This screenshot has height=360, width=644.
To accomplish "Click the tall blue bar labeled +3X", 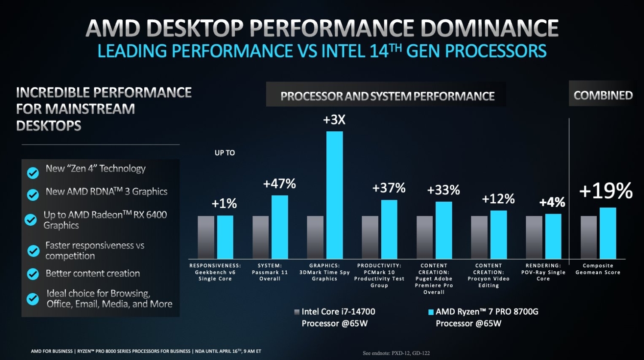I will tap(334, 195).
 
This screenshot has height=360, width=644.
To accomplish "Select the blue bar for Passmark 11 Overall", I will tap(279, 227).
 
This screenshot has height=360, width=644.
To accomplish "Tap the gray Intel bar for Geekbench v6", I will tap(206, 237).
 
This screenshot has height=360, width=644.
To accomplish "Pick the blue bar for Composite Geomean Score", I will tap(608, 233).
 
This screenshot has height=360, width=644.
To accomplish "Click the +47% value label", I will tap(279, 184).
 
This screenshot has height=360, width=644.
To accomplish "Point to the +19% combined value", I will tap(606, 191).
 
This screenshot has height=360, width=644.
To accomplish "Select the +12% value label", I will tap(498, 199).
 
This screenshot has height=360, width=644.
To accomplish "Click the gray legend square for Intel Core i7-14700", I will tap(297, 312).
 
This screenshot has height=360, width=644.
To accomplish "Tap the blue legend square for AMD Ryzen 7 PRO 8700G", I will tap(431, 312).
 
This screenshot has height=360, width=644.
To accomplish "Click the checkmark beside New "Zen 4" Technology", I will tap(33, 172).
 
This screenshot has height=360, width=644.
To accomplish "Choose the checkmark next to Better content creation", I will tap(33, 274).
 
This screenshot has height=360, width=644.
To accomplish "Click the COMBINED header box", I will tap(603, 95).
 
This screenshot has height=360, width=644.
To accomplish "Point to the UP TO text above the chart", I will tap(225, 153).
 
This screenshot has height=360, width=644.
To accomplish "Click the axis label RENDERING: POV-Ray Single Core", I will tap(543, 272).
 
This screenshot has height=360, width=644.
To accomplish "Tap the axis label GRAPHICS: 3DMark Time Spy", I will tap(325, 272).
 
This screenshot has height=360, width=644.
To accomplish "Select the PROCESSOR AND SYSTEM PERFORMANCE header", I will tap(387, 96).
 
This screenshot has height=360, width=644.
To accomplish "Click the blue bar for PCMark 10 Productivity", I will tap(389, 229).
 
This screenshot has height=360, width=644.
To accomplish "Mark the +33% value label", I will tap(444, 190).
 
